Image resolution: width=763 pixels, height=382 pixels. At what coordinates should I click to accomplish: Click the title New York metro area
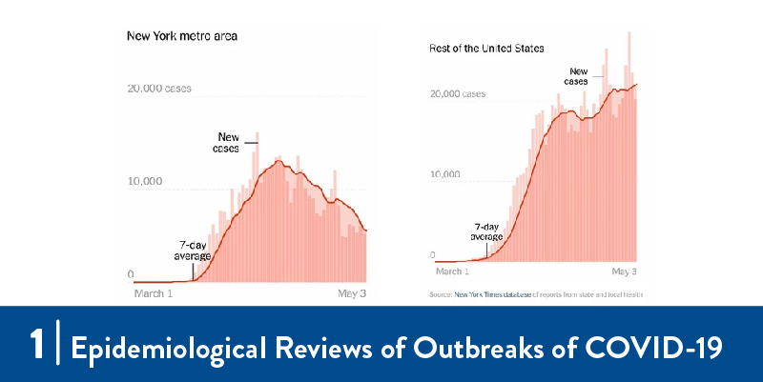[182, 36]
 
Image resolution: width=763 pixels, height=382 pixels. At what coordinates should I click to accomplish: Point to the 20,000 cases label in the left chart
[159, 89]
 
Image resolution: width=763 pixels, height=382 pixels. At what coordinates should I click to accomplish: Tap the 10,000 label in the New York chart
[145, 182]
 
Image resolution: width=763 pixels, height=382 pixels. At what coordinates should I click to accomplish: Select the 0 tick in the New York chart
[131, 275]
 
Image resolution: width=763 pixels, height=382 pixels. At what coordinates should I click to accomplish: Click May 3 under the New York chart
[352, 293]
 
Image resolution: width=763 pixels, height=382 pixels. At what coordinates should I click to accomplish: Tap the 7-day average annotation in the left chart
[192, 251]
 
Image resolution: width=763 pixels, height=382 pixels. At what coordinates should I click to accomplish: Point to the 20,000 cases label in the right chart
[458, 94]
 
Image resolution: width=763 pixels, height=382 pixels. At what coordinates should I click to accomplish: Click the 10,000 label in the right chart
[446, 175]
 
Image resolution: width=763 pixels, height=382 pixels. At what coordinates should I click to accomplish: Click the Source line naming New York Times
[536, 295]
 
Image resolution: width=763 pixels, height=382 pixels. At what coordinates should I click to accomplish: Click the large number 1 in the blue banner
[37, 345]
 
